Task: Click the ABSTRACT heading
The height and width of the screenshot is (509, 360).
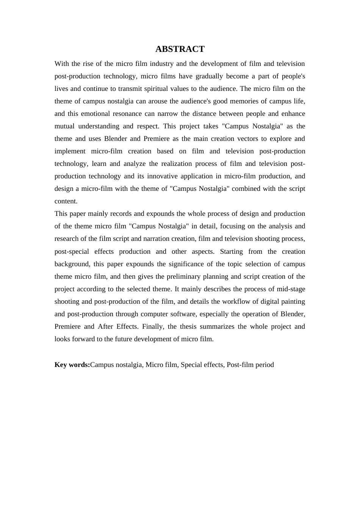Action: [x=180, y=49]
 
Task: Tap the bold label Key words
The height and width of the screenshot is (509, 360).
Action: [x=72, y=365]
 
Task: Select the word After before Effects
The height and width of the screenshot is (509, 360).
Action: [x=106, y=326]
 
